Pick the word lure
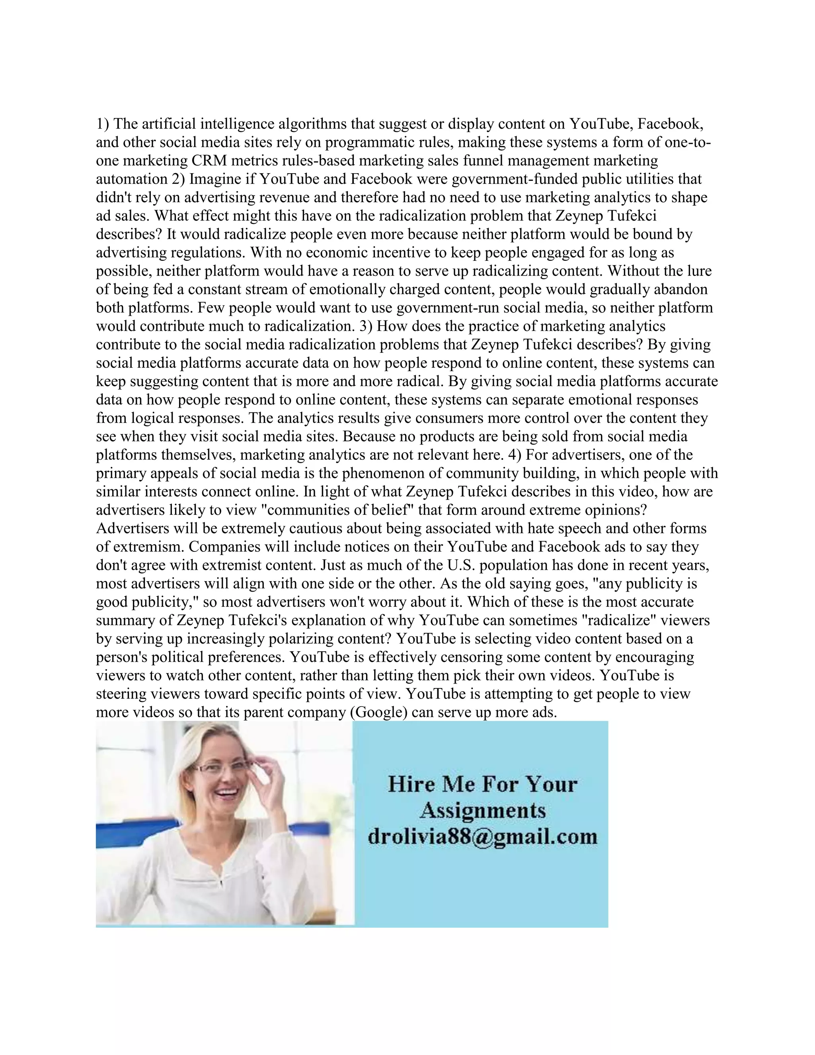[698, 271]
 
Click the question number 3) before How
[365, 326]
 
